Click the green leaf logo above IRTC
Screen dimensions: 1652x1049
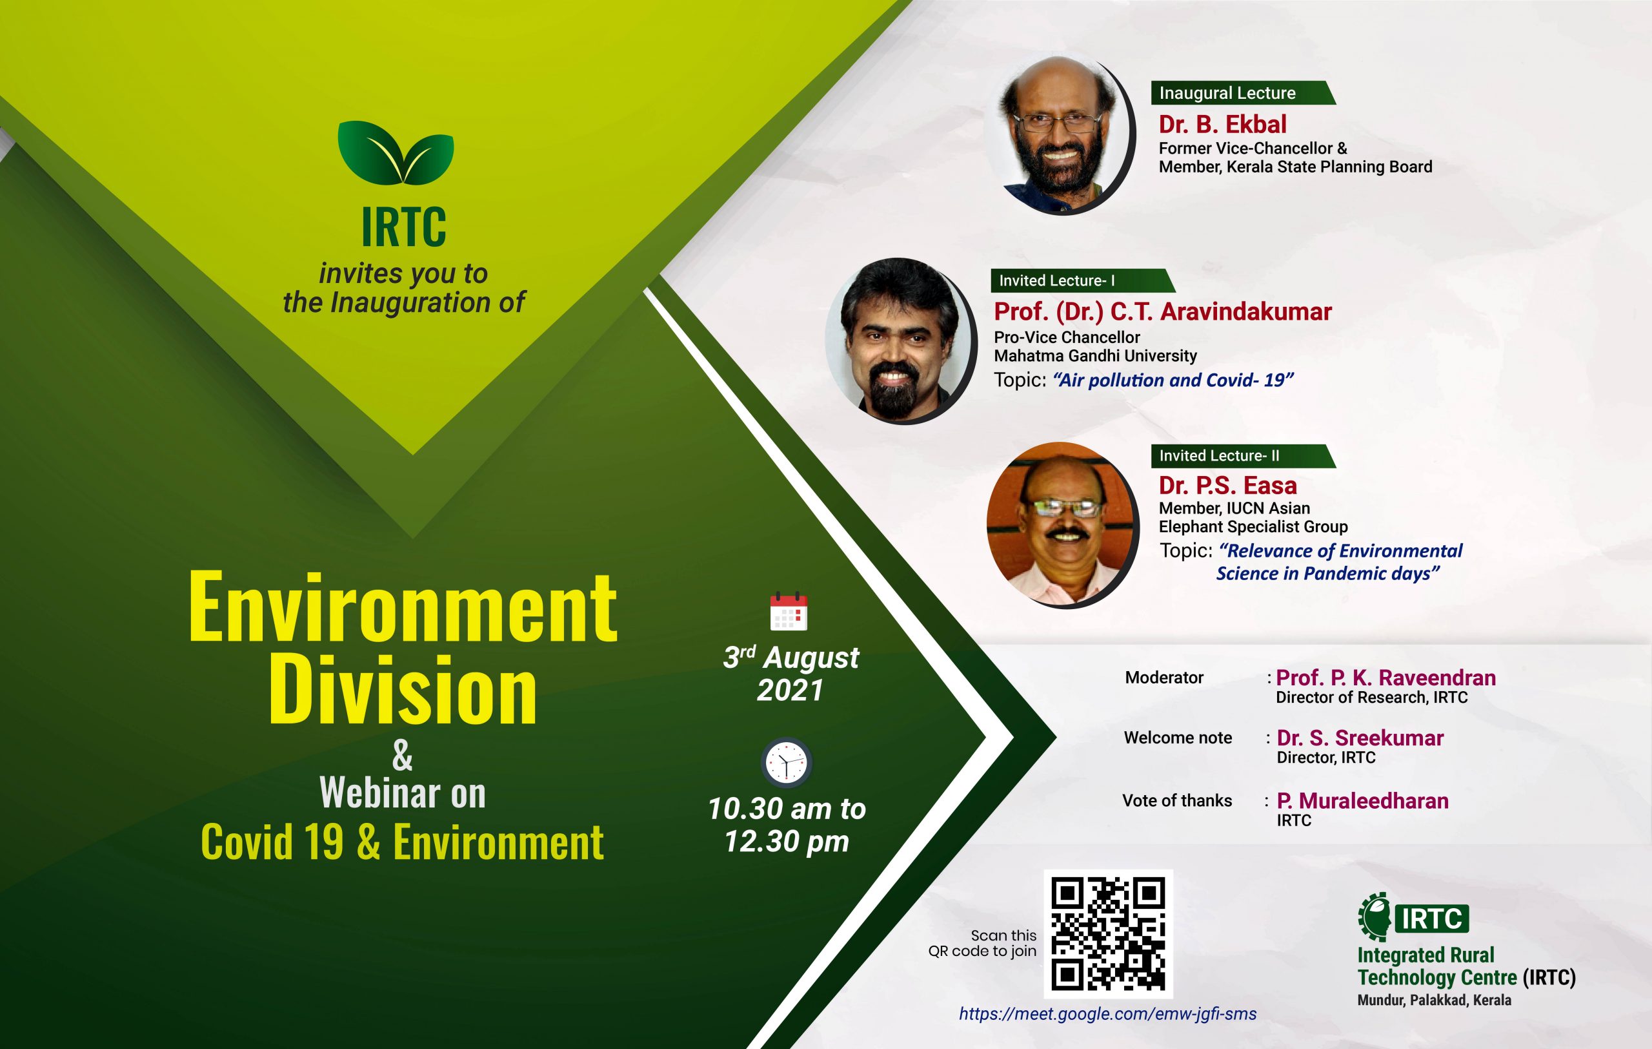click(396, 152)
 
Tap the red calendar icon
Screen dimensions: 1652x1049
click(789, 610)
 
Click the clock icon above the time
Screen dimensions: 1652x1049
click(787, 763)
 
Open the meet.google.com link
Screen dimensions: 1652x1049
click(1107, 1014)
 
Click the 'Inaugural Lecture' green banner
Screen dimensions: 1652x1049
click(1242, 92)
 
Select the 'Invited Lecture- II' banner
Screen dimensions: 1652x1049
click(1242, 456)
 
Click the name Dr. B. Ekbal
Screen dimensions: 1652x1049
click(1222, 124)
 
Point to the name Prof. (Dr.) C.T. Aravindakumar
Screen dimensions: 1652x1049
click(1163, 312)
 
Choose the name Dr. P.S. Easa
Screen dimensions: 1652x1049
click(1228, 485)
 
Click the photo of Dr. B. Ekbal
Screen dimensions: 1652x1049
click(1057, 135)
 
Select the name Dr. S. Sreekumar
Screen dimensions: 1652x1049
click(1360, 738)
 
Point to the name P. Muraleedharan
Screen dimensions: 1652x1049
click(1362, 800)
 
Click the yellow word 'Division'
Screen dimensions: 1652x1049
click(403, 690)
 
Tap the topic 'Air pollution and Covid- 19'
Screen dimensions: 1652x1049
click(1173, 380)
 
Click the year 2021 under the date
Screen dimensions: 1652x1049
click(790, 690)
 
